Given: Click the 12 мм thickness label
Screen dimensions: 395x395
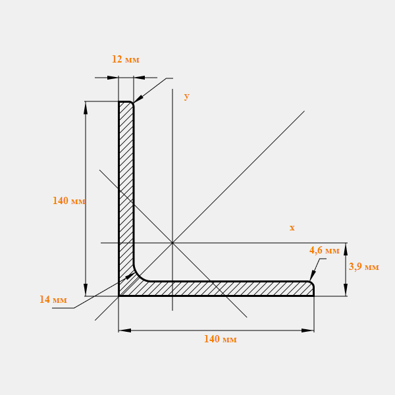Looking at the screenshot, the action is [x=126, y=59].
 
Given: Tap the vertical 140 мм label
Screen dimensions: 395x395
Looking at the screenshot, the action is [x=68, y=201].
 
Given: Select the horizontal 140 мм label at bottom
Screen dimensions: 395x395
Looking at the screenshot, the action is [x=220, y=339].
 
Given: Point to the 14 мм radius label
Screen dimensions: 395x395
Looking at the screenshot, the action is [x=53, y=300].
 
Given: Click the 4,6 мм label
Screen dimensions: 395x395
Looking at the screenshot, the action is [x=324, y=250].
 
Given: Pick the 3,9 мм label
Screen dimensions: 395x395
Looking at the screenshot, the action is [x=364, y=267].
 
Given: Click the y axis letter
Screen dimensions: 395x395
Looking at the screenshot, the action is [x=187, y=96].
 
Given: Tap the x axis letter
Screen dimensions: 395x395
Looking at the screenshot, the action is [x=292, y=228].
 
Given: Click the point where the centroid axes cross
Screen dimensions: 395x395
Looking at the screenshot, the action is [x=172, y=243].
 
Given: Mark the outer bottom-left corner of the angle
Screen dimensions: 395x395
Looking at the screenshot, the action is [x=118, y=296].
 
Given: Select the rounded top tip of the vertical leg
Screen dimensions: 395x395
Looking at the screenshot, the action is [x=132, y=103].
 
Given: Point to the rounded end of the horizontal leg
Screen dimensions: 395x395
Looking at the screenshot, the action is [x=312, y=283].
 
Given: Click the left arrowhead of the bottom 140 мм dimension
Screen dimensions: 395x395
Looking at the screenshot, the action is [x=124, y=330].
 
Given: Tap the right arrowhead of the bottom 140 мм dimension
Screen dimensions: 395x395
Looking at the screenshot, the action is [x=308, y=330].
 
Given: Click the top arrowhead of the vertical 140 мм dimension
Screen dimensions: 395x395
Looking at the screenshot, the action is [x=86, y=108].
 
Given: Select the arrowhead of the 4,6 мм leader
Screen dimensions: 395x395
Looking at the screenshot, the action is [x=313, y=275].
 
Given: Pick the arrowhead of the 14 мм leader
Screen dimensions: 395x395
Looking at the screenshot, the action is [x=130, y=276].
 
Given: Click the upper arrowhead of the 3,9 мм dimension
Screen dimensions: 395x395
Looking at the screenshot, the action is [x=346, y=249].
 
